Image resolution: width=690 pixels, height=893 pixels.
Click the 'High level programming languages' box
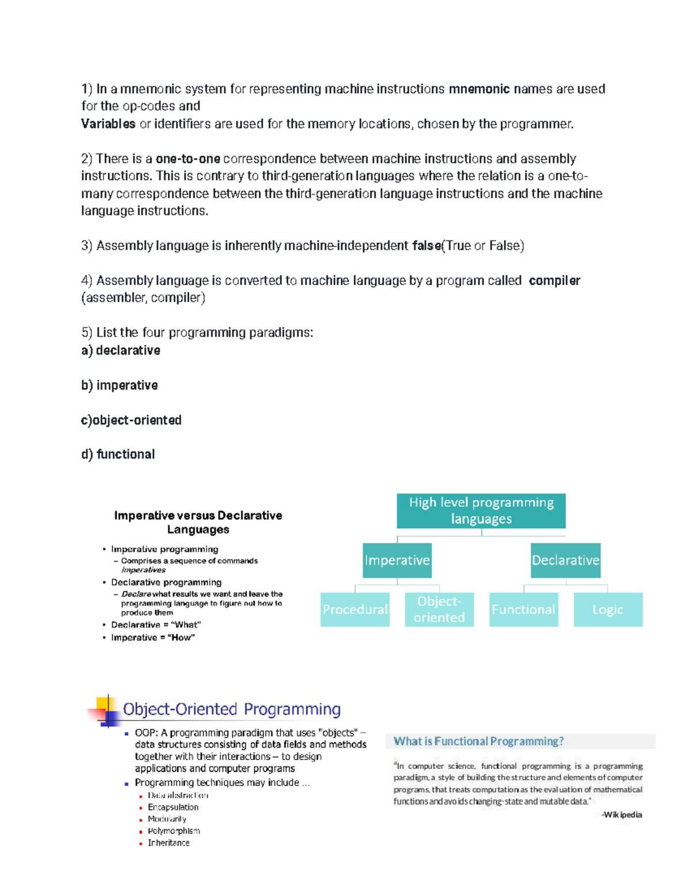pyautogui.click(x=481, y=511)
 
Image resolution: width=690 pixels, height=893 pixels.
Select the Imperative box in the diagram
pyautogui.click(x=397, y=560)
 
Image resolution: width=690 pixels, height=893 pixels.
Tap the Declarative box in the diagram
pyautogui.click(x=565, y=560)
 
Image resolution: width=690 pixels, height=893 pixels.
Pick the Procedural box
pyautogui.click(x=355, y=610)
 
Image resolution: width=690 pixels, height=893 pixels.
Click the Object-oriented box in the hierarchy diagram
pyautogui.click(x=439, y=610)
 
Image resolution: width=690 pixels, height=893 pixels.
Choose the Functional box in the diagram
pyautogui.click(x=523, y=610)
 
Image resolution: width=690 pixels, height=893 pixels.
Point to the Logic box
pyautogui.click(x=608, y=610)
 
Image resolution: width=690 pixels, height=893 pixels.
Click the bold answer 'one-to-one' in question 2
pyautogui.click(x=188, y=159)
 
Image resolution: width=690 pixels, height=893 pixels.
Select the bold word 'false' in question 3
pyautogui.click(x=426, y=246)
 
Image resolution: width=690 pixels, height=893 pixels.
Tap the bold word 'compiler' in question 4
pyautogui.click(x=554, y=281)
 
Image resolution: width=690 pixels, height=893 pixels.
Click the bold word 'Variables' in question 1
pyautogui.click(x=108, y=124)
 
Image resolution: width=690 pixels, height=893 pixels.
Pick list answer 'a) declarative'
pyautogui.click(x=121, y=350)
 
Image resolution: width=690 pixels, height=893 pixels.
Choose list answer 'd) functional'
pyautogui.click(x=118, y=454)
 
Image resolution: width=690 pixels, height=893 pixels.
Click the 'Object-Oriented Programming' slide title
pyautogui.click(x=232, y=709)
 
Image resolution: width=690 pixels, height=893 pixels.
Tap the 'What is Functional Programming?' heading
pyautogui.click(x=478, y=741)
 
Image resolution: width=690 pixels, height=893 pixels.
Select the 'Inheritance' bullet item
pyautogui.click(x=168, y=843)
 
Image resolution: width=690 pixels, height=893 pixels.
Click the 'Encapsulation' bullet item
pyautogui.click(x=173, y=807)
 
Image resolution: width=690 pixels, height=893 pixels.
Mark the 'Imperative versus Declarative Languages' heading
pyautogui.click(x=198, y=522)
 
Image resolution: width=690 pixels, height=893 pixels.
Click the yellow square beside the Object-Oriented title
pyautogui.click(x=102, y=703)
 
